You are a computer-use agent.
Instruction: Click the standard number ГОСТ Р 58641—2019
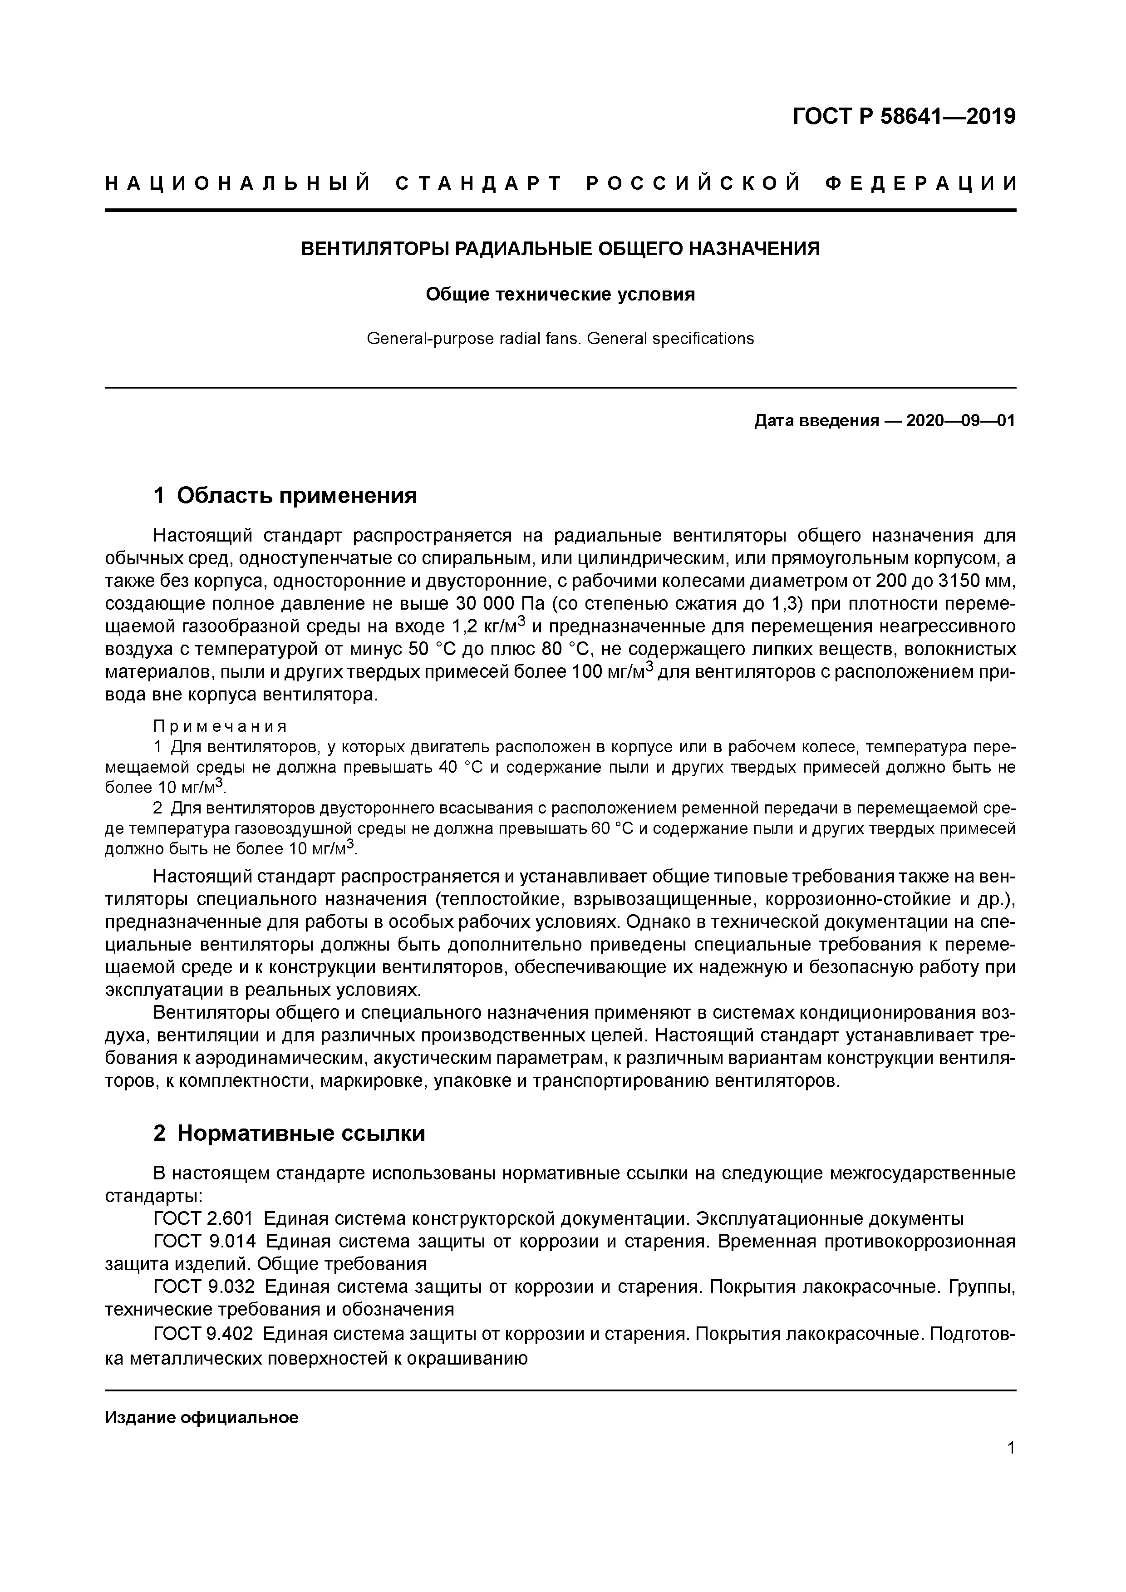pos(904,117)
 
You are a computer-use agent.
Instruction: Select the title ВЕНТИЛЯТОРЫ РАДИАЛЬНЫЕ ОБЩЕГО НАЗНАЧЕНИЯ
pos(560,249)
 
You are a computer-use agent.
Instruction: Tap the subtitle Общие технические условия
pos(560,295)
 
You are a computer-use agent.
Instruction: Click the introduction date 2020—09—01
pos(960,421)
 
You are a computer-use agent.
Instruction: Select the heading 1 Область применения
pos(285,496)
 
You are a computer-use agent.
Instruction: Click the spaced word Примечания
pos(220,727)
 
